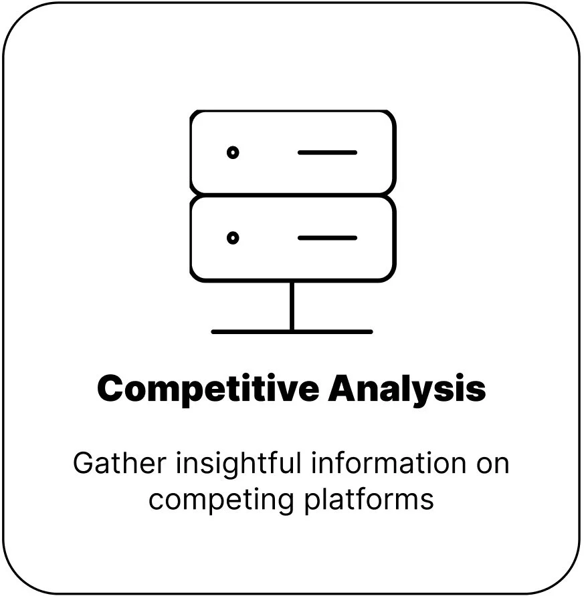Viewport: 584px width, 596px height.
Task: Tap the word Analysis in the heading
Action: tap(407, 389)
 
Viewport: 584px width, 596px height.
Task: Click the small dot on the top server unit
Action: tap(233, 152)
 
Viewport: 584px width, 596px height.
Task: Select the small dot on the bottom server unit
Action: tap(233, 237)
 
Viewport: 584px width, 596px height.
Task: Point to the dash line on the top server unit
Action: tap(327, 152)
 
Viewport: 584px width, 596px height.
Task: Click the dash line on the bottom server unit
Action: tap(327, 237)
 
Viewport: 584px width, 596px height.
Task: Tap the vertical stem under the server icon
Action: tap(292, 305)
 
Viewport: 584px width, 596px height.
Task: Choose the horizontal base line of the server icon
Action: tap(292, 331)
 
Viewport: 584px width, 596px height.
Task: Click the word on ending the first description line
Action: tap(492, 464)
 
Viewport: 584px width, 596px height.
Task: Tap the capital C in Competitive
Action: tap(112, 389)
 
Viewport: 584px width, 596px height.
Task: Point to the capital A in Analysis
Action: tap(342, 389)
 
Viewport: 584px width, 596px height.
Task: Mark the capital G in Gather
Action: tap(83, 464)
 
